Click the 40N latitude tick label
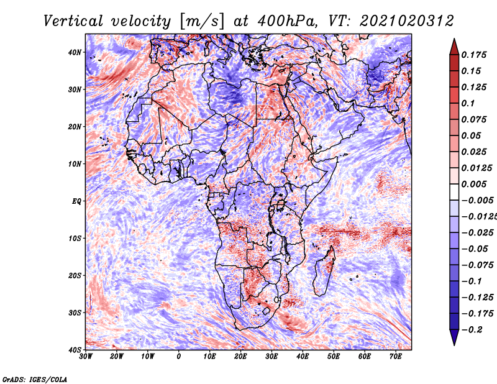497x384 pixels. click(75, 52)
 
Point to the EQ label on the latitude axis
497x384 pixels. click(76, 201)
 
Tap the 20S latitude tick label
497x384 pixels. click(75, 275)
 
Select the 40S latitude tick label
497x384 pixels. click(75, 350)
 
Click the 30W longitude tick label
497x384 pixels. click(86, 357)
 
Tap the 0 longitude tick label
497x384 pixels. click(179, 357)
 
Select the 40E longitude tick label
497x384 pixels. click(303, 357)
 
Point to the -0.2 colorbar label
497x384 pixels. click(476, 329)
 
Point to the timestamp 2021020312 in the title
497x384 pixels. click(398, 21)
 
